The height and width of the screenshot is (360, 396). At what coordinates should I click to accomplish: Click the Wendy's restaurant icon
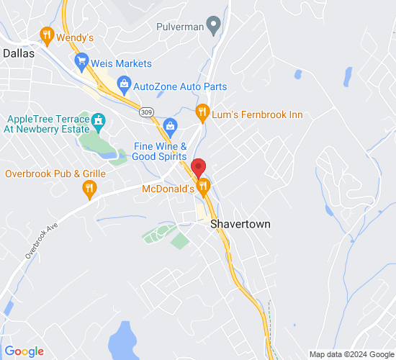coord(47,34)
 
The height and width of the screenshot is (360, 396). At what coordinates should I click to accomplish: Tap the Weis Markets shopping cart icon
coord(81,63)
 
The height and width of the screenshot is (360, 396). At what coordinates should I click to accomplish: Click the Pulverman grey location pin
coord(213,26)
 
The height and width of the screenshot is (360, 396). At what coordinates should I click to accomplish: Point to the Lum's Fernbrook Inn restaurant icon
coord(202,114)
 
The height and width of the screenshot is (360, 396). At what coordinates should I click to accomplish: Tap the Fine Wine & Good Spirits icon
coord(170,125)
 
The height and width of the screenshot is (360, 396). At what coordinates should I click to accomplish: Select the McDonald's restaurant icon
coord(204,188)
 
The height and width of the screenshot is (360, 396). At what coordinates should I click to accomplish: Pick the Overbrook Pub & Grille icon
coord(89,189)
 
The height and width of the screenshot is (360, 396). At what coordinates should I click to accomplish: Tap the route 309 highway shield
coord(147,112)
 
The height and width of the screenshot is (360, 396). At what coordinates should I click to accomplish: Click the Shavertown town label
coord(240,224)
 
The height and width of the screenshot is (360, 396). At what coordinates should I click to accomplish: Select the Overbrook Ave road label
coord(40,238)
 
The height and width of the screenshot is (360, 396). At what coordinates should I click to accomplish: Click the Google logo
coord(24,351)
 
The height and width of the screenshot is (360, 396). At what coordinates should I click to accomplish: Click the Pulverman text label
coord(179,26)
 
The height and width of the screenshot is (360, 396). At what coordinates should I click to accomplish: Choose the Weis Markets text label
coord(121,63)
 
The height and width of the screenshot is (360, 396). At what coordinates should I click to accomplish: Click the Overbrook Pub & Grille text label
coord(55,174)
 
